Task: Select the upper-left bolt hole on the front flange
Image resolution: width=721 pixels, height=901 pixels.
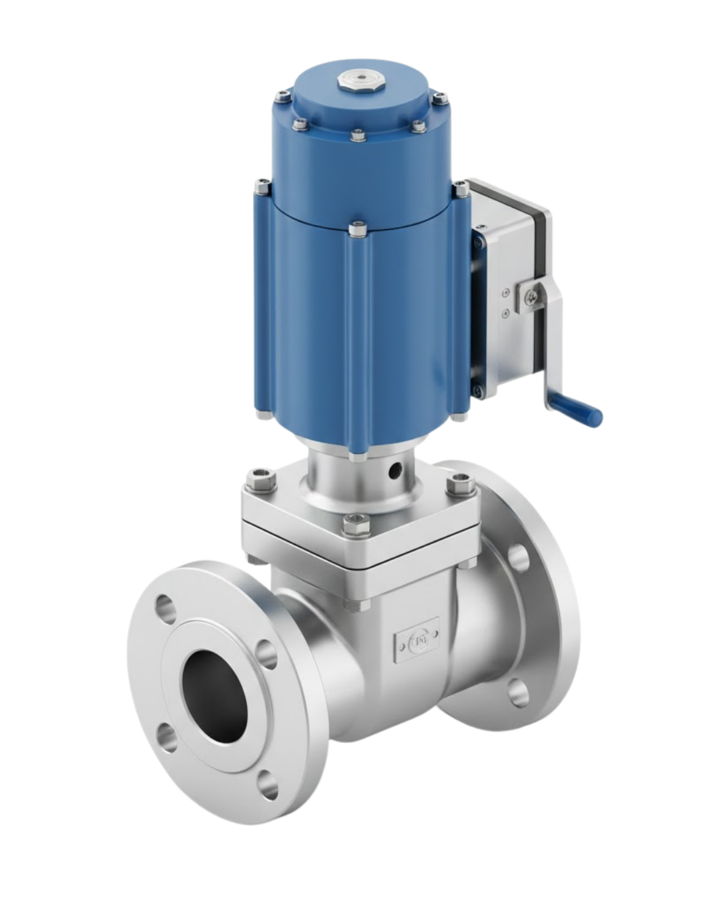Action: pos(164,608)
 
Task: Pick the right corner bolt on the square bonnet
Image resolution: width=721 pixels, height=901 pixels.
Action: pos(461,483)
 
